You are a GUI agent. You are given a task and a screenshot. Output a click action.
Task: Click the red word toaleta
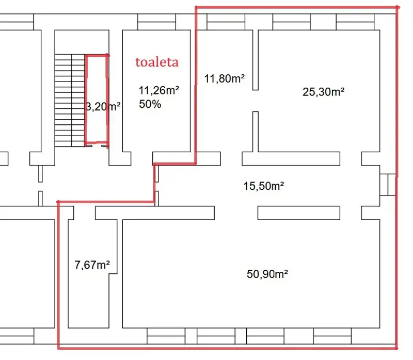coord(157,62)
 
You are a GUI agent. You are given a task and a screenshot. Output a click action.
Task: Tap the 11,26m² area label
coord(159,91)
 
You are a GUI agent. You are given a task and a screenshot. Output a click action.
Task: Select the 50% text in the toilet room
coord(150,104)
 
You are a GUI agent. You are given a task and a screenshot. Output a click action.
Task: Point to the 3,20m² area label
coord(103,107)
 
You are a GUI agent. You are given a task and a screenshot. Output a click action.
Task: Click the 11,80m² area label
coord(225,79)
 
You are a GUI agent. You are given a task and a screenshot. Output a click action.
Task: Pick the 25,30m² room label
coord(324,92)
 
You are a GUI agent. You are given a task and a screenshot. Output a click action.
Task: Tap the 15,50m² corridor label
coord(264,186)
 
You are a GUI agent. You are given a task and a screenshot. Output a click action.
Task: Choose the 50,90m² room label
coord(267,274)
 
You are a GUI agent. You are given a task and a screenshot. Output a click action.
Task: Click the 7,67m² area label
coord(92,265)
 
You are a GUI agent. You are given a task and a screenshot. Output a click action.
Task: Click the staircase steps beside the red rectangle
coord(70,100)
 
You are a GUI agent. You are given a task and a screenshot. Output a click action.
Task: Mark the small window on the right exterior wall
coord(388,185)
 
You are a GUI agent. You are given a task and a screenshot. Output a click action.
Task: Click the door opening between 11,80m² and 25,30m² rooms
coord(256,101)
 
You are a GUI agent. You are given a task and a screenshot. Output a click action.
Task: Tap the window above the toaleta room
coord(157,22)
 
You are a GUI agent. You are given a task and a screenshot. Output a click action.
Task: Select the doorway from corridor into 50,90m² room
coord(236,213)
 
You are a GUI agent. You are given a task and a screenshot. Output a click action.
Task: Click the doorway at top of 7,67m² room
coord(85,213)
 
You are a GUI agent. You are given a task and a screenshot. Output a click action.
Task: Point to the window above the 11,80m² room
coord(226,22)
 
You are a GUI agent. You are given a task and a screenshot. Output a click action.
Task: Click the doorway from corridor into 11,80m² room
coord(231,159)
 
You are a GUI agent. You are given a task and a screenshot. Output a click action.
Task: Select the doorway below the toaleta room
coord(141,159)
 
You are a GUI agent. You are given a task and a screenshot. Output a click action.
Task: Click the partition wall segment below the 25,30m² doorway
coord(256,132)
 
